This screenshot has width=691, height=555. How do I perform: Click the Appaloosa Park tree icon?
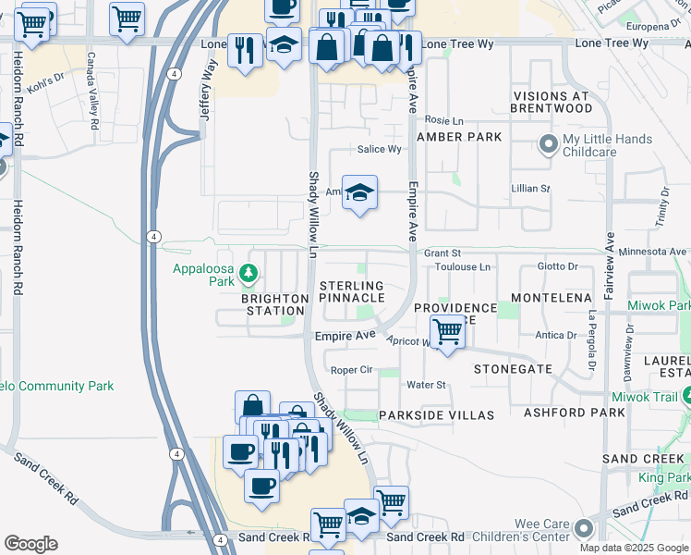(247, 273)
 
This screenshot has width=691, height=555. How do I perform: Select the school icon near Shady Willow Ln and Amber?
(359, 192)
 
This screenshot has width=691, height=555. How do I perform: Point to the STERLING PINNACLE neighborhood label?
(351, 292)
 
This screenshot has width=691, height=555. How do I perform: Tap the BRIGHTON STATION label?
(274, 304)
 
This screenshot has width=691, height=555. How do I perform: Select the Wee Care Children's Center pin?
(583, 528)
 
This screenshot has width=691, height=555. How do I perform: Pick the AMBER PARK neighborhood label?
(459, 137)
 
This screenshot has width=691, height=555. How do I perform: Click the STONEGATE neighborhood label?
(513, 368)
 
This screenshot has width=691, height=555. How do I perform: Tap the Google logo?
(30, 544)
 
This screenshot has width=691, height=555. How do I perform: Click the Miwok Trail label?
(658, 396)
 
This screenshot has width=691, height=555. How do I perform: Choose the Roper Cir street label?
(351, 369)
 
